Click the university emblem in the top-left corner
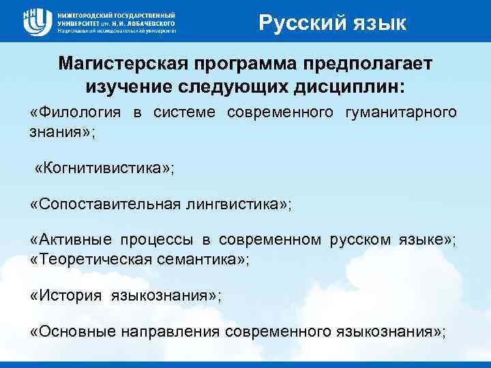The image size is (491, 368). click(x=36, y=20)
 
